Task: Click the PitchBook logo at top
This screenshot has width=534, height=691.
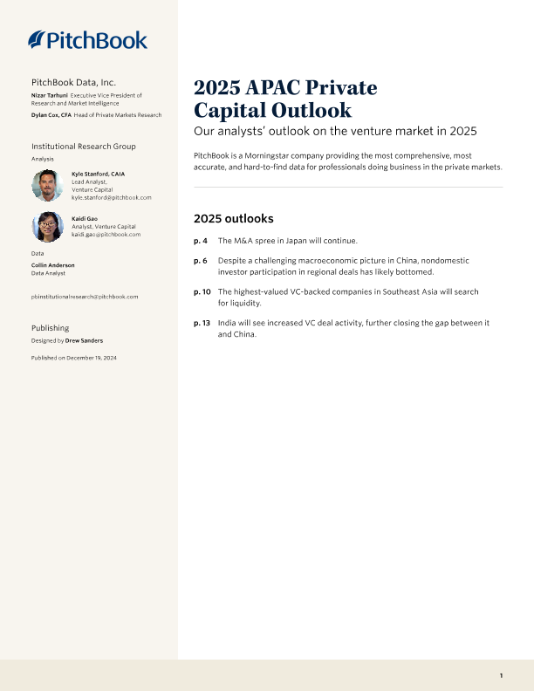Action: tap(87, 39)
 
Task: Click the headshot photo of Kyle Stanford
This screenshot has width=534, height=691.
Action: tap(47, 185)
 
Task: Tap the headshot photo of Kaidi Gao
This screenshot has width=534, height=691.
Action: tap(47, 227)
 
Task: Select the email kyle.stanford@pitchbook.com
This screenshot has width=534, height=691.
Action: tap(112, 198)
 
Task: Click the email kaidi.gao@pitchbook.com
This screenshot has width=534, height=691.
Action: tap(106, 235)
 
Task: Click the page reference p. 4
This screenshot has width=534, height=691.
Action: tap(200, 240)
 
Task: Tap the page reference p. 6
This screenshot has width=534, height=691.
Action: tap(200, 261)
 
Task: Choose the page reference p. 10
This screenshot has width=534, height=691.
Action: tap(202, 291)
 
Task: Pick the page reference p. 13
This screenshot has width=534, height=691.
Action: tap(202, 323)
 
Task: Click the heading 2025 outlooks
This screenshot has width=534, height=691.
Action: tap(233, 218)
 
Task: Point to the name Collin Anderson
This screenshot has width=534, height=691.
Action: tap(52, 265)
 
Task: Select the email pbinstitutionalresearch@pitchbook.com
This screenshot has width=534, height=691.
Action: tap(84, 297)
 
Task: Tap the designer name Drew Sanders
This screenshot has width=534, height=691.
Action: tap(84, 341)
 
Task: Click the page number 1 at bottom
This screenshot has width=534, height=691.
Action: tap(501, 675)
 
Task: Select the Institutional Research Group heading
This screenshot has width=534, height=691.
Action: tap(84, 146)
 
